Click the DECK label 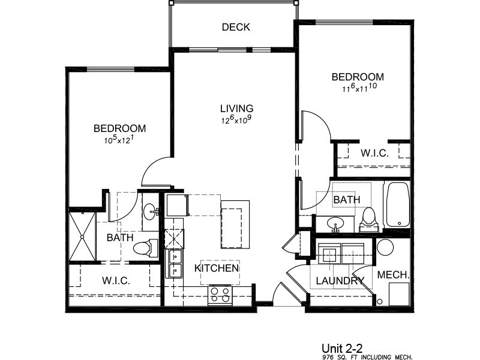pyautogui.click(x=235, y=27)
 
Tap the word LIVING pyautogui.click(x=236, y=109)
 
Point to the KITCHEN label pyautogui.click(x=217, y=268)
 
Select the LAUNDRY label pyautogui.click(x=340, y=280)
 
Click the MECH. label pyautogui.click(x=394, y=275)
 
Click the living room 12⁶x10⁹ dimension pyautogui.click(x=236, y=120)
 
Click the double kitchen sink pyautogui.click(x=175, y=264)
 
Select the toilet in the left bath pyautogui.click(x=145, y=247)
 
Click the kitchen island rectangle pyautogui.click(x=235, y=225)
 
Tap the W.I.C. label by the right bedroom pyautogui.click(x=374, y=153)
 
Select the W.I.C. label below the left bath pyautogui.click(x=116, y=280)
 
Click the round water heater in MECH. pyautogui.click(x=384, y=247)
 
